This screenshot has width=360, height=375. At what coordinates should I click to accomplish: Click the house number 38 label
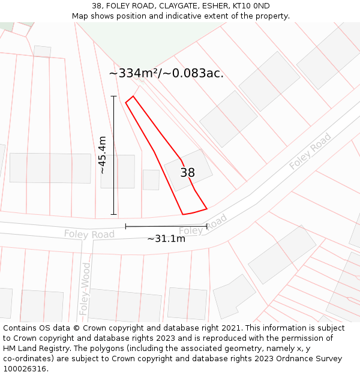click(187, 173)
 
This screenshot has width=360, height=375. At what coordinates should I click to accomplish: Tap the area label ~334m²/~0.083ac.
click(166, 73)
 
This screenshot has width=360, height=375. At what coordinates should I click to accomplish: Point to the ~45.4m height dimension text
click(102, 155)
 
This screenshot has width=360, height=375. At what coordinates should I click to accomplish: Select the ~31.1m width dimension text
click(166, 238)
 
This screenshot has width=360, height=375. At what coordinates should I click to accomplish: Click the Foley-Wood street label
click(85, 290)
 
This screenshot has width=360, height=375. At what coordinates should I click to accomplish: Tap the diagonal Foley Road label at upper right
click(310, 151)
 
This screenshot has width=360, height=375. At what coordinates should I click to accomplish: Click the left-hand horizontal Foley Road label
click(89, 234)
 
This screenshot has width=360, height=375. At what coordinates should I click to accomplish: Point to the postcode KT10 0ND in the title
click(251, 6)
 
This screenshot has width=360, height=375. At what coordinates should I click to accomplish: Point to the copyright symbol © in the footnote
click(77, 328)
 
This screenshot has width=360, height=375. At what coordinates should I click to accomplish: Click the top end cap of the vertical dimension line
click(113, 96)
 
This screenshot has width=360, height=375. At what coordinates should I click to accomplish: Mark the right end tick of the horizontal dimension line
click(207, 226)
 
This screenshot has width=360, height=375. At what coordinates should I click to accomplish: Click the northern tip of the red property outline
click(133, 96)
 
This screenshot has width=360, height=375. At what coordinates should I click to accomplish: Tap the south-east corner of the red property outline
click(207, 209)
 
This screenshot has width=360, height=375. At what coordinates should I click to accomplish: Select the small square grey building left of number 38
click(151, 179)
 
